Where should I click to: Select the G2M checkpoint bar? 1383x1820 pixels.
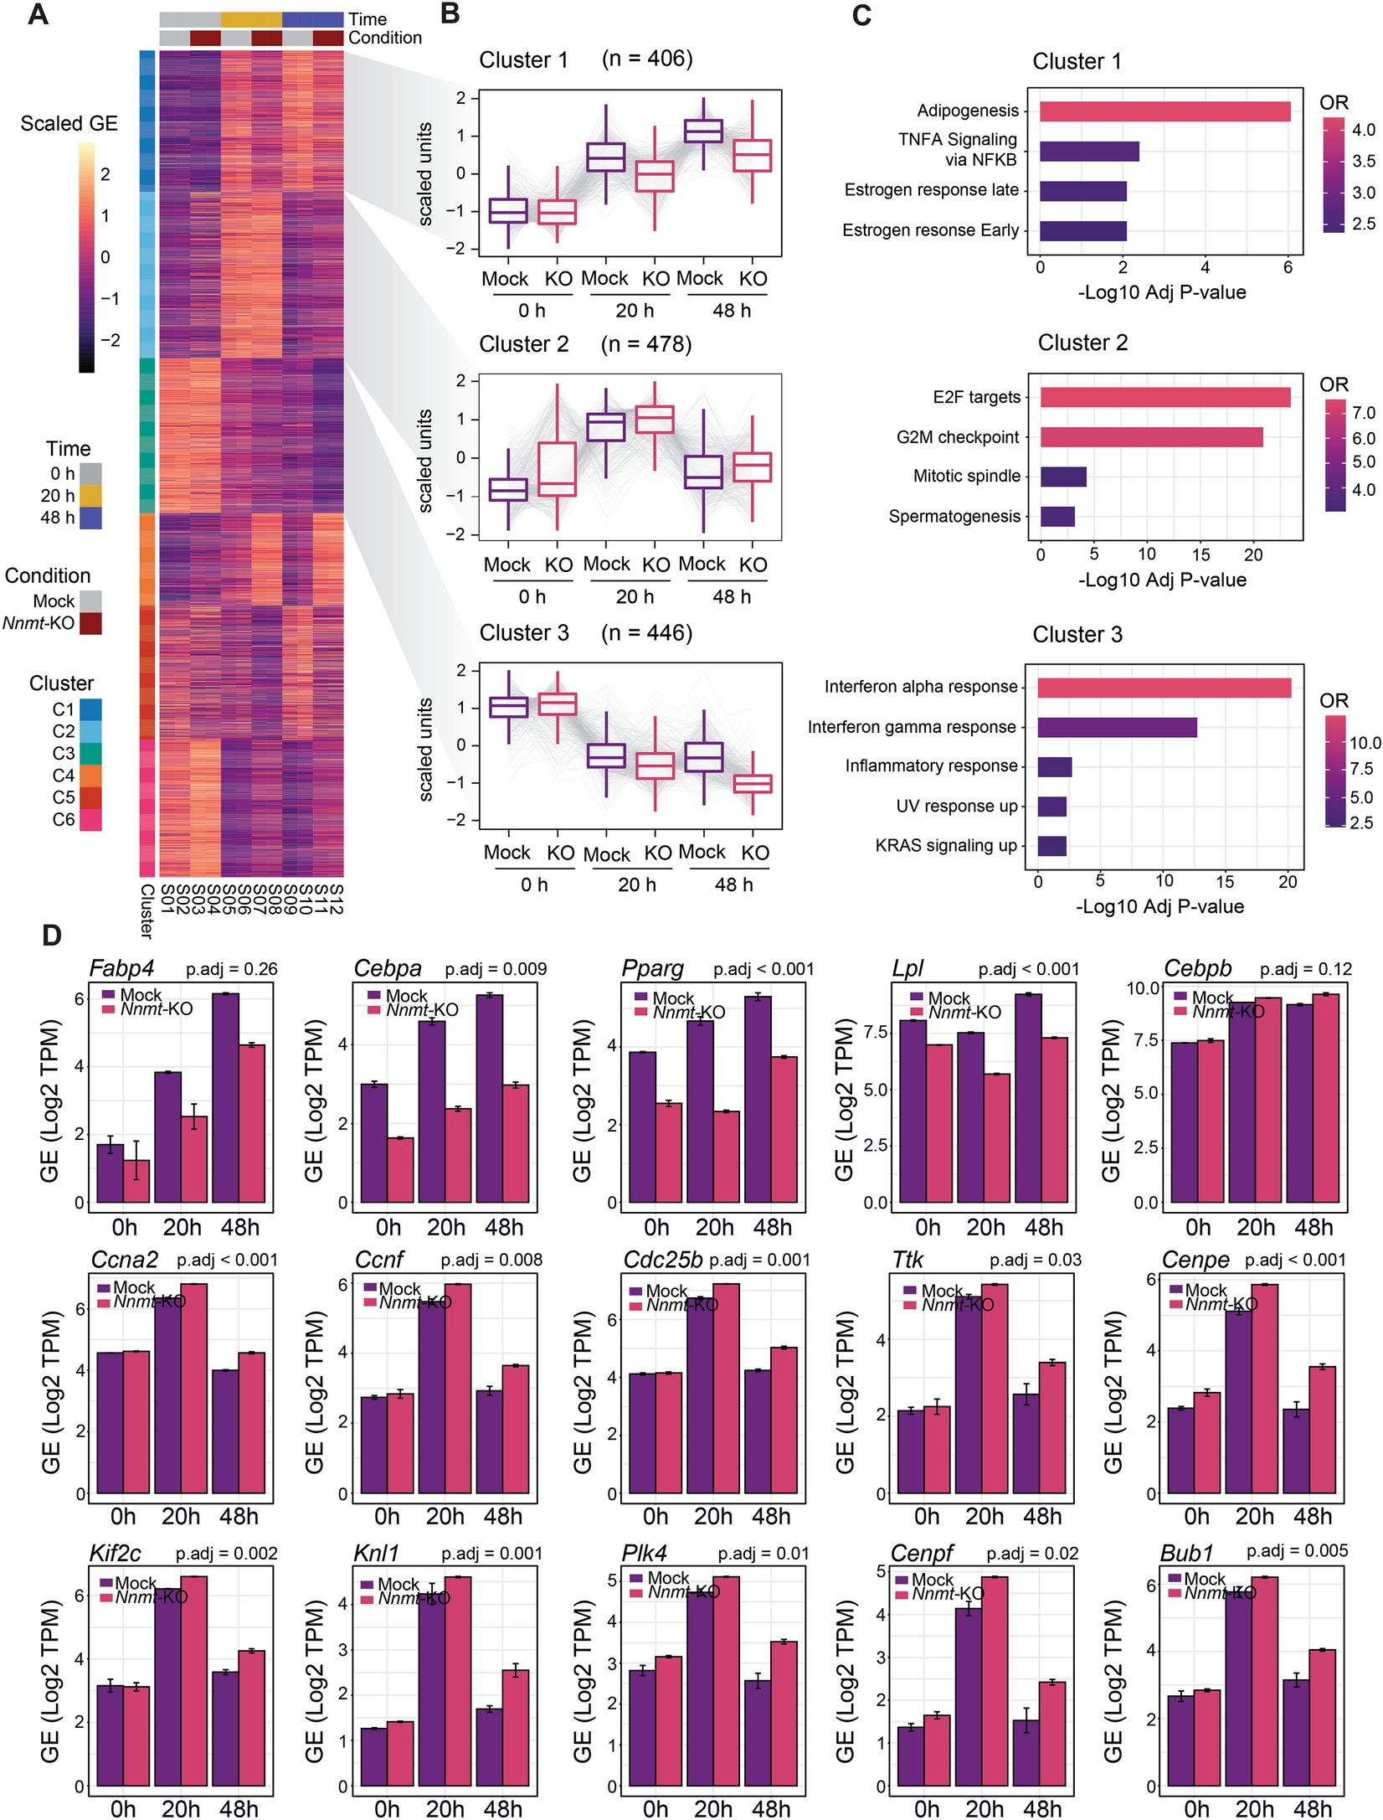(1151, 436)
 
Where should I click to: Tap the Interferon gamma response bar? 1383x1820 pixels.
(1117, 727)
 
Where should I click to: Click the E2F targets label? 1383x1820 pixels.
(976, 397)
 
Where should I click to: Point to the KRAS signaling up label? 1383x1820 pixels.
(945, 845)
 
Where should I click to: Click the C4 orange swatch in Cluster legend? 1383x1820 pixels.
(90, 776)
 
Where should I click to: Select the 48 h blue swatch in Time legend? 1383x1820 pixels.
(90, 518)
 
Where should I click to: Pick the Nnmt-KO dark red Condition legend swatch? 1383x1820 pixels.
(90, 623)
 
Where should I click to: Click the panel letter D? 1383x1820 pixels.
(51, 936)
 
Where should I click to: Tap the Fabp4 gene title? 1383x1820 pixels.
(121, 968)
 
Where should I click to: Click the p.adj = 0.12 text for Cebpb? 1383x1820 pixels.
(1305, 969)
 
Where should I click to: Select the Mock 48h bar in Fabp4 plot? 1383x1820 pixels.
(226, 1097)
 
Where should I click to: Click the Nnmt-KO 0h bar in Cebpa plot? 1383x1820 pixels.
(400, 1170)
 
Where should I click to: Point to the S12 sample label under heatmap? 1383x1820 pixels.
(336, 898)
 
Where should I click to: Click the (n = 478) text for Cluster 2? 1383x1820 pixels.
(645, 344)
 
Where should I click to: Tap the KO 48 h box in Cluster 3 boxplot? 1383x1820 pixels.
(752, 784)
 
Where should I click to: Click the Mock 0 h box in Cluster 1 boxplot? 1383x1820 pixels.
(507, 211)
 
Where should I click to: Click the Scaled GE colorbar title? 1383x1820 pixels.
(69, 124)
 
